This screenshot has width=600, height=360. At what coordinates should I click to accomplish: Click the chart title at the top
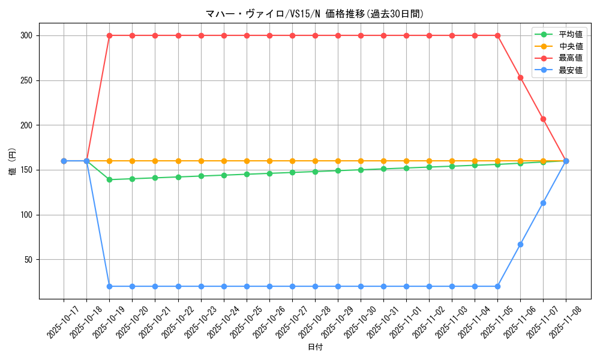[x=315, y=14]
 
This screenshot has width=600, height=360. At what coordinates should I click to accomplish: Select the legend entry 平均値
[x=571, y=34]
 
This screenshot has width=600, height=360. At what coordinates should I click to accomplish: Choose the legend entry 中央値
[x=571, y=46]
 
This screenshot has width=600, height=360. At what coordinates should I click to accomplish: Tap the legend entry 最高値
[x=571, y=58]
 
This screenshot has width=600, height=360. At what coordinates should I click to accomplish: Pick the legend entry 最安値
[x=571, y=70]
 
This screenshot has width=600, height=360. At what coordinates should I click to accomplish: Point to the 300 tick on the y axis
[x=32, y=35]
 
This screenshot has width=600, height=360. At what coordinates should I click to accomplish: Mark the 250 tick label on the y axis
[x=32, y=80]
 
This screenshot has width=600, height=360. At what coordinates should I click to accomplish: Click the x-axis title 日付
[x=315, y=347]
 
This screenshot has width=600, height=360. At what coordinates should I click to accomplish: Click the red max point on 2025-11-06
[x=520, y=77]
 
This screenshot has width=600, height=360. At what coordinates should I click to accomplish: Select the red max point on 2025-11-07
[x=543, y=119]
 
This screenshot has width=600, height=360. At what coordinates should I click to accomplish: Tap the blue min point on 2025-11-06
[x=520, y=244]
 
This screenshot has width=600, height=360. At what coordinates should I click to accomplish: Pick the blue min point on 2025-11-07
[x=543, y=203]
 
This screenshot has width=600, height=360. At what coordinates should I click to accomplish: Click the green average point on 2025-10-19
[x=109, y=179]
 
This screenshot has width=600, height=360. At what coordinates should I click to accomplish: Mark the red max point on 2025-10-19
[x=109, y=35]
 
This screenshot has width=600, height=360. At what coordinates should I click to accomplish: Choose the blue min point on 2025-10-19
[x=109, y=286]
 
